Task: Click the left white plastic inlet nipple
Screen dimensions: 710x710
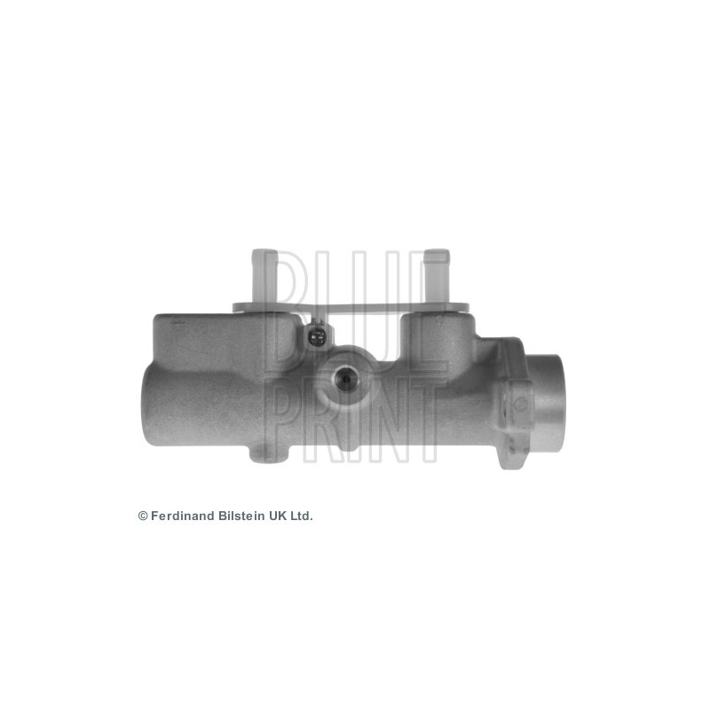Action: point(264,275)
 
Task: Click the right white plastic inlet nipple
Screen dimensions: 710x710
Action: point(436,275)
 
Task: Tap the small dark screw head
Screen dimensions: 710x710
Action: point(317,336)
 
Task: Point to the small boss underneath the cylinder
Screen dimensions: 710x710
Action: point(268,454)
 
